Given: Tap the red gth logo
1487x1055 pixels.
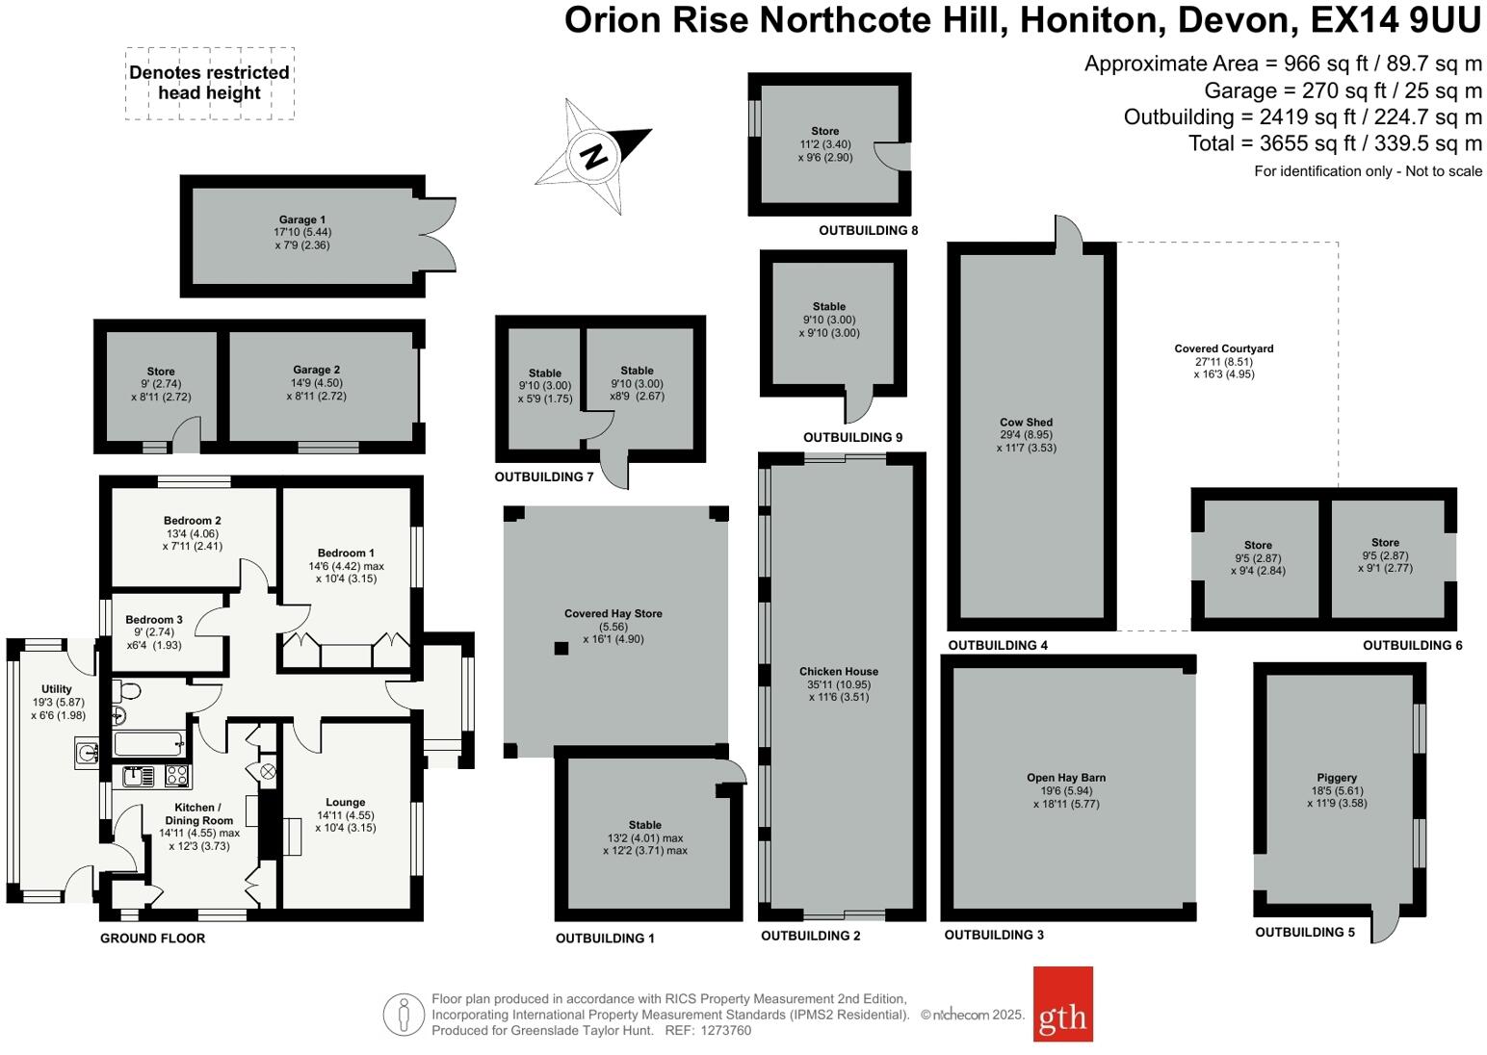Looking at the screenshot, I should [1062, 1004].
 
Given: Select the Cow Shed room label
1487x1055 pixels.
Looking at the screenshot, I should [1026, 423].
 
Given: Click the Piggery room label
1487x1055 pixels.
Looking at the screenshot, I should [1336, 778].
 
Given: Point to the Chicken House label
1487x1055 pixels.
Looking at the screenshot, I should [838, 672].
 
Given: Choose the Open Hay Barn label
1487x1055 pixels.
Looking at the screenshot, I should [1065, 778].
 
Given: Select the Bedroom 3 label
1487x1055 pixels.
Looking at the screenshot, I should [153, 620].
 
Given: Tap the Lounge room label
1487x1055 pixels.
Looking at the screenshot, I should [345, 802].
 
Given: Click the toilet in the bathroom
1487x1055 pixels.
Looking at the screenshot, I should [127, 690].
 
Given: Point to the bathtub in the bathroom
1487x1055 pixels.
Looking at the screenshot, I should [148, 743].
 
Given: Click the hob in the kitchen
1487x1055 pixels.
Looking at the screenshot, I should [176, 775].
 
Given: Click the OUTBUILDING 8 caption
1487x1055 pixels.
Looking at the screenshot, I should [868, 231].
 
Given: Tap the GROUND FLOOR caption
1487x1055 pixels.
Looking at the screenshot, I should [152, 939].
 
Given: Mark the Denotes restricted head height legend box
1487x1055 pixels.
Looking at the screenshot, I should [209, 83].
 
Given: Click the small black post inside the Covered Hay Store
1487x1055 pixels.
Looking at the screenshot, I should [561, 648].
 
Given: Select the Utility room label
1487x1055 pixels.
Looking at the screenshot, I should [56, 689].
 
